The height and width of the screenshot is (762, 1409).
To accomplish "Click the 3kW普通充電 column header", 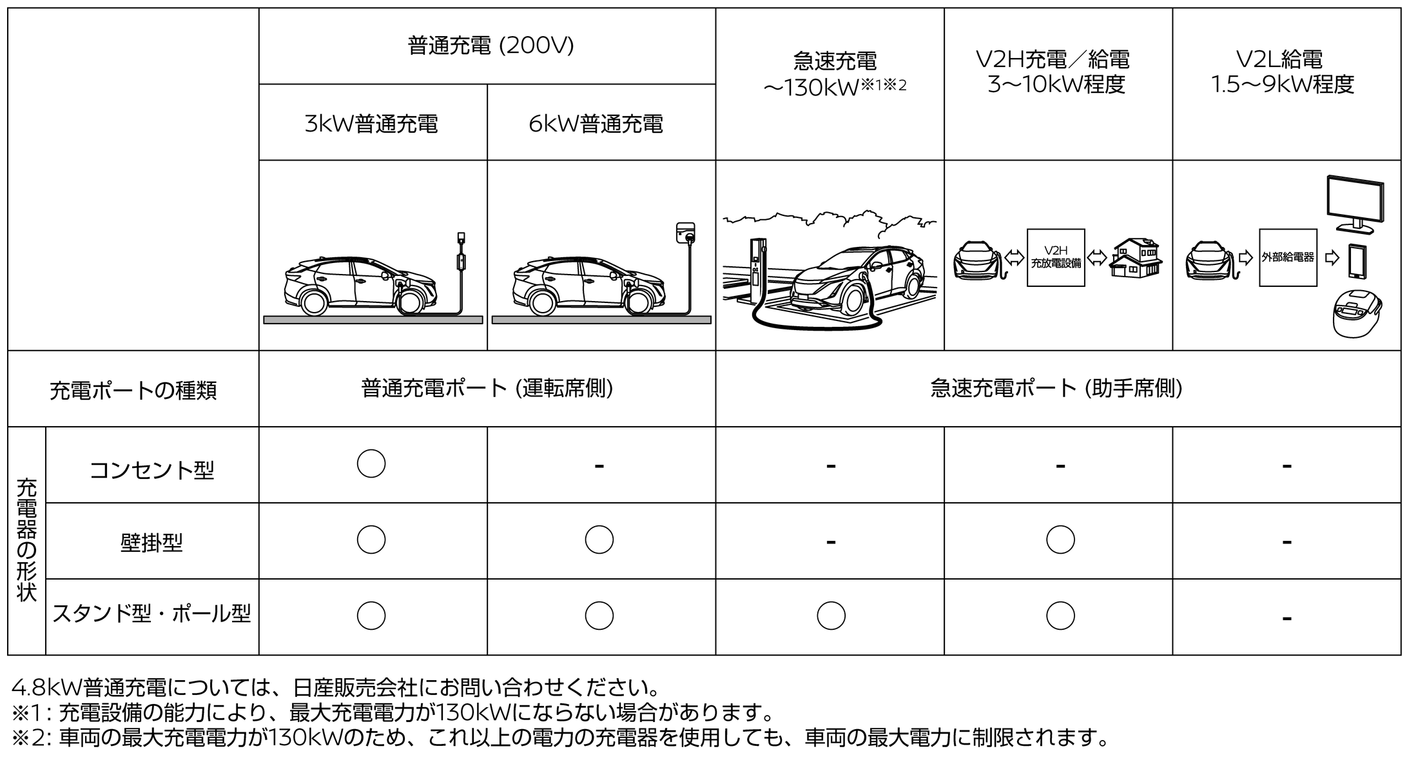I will (372, 124).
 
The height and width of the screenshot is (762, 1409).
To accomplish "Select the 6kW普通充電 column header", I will (596, 124).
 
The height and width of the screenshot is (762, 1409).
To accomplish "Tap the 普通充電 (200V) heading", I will (491, 46).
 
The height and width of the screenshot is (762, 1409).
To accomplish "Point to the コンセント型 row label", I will (151, 470).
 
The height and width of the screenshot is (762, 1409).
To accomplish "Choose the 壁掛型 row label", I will (151, 543).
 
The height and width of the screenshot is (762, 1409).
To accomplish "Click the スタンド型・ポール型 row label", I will (151, 614).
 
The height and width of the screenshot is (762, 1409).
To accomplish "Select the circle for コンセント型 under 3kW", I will (371, 464).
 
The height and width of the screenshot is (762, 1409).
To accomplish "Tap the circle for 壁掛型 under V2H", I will (1060, 540).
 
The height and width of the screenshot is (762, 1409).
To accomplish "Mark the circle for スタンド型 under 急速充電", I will (831, 616).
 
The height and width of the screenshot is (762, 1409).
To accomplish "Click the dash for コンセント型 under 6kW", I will (599, 465).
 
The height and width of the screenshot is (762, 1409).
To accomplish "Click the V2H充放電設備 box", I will (1056, 258).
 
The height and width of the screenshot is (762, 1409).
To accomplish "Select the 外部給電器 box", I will (1288, 258).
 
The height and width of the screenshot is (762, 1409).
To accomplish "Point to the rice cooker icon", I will (1356, 315).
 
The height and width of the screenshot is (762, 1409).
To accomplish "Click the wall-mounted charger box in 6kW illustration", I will (686, 233).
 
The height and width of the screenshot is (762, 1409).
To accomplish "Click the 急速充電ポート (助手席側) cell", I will (1057, 388).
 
